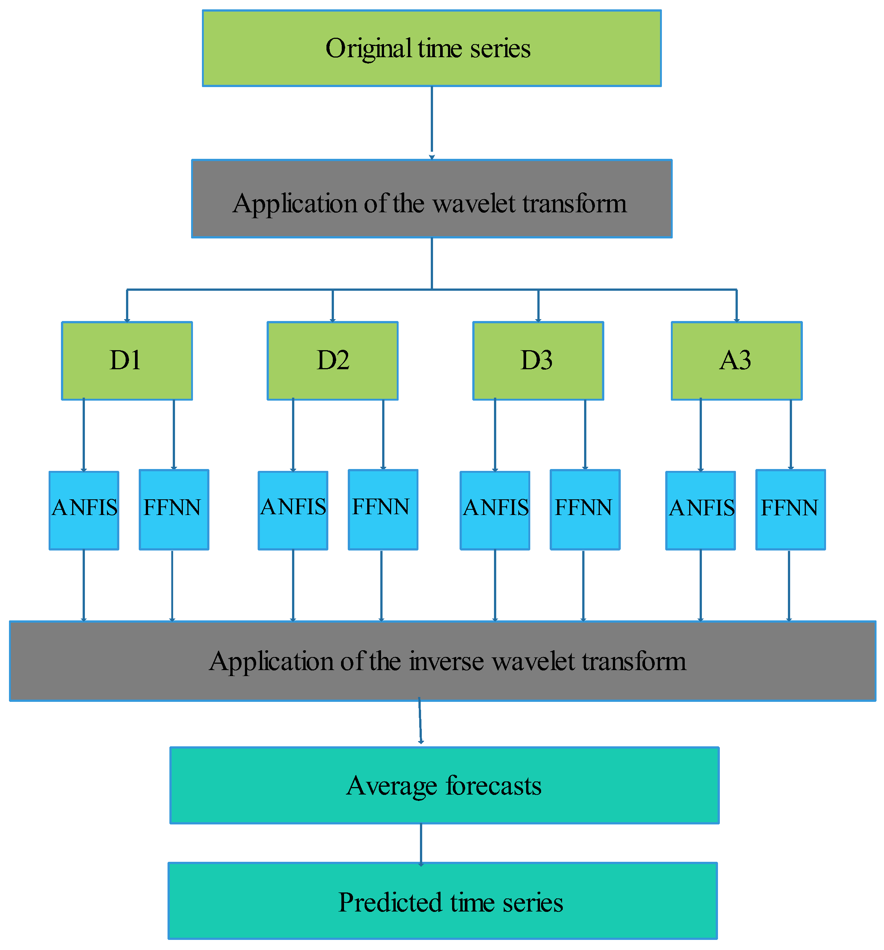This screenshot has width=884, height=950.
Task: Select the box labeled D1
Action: point(127,361)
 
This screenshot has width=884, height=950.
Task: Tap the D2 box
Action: point(332,361)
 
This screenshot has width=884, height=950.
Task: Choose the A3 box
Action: point(736,361)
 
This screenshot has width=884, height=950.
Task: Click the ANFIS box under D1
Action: point(84,511)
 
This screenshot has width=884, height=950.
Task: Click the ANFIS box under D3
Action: point(494,511)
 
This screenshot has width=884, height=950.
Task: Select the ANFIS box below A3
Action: point(700,511)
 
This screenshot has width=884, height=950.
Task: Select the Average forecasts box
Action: point(444,785)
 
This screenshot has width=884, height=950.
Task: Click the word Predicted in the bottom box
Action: point(390,903)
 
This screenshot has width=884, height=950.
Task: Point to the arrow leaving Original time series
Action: point(432,122)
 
